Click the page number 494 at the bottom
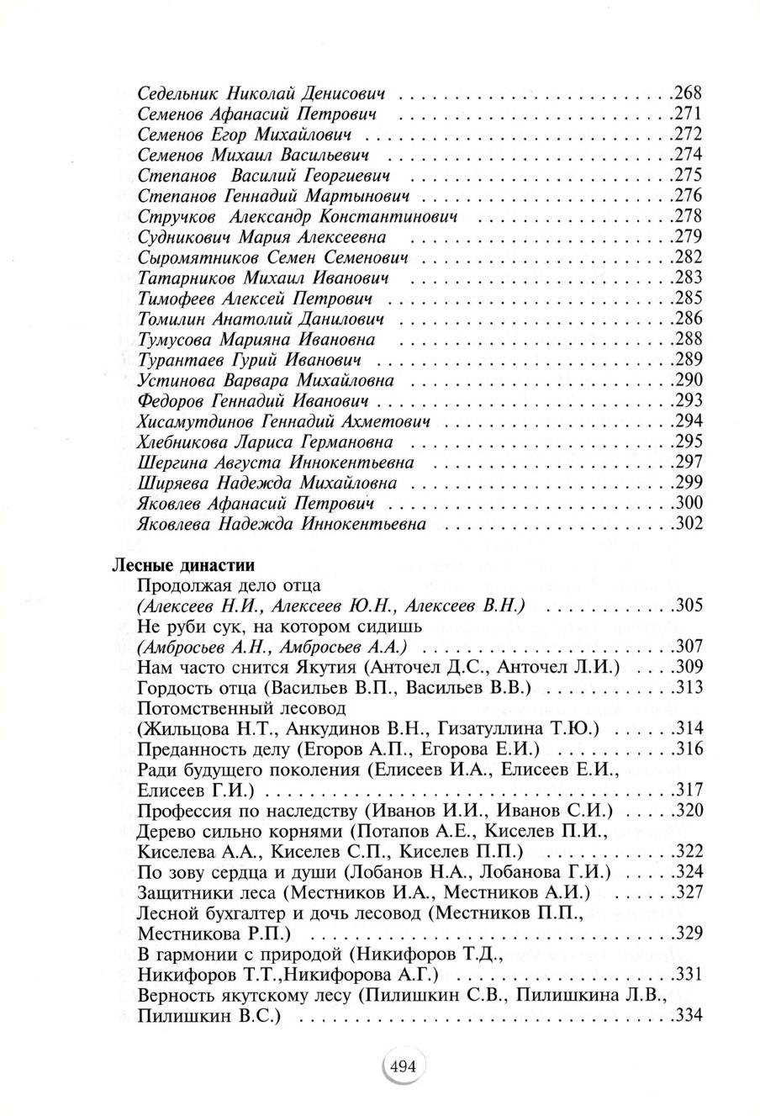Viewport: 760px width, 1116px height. coord(404,1066)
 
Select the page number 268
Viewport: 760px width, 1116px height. coord(689,93)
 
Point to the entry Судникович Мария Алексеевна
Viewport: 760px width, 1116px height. coord(261,236)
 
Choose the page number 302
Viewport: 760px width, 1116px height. coord(689,524)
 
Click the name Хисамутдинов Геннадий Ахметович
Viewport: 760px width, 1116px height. coord(283,421)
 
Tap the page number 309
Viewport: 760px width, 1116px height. coord(689,668)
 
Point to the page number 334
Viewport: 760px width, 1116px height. coord(689,1016)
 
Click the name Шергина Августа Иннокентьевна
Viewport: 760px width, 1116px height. coord(275,463)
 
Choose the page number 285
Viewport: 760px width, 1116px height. coord(689,298)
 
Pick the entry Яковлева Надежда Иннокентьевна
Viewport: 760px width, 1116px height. coord(281,524)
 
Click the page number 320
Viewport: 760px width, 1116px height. coord(689,811)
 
